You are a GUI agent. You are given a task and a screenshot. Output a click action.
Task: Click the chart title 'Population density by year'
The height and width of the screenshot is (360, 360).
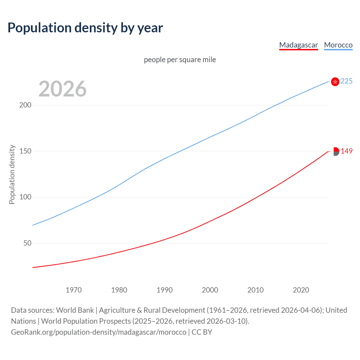(85, 28)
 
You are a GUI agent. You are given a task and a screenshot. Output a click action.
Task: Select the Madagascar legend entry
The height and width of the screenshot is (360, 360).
(298, 45)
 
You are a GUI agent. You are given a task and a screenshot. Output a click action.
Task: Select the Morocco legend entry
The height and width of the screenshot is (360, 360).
(338, 45)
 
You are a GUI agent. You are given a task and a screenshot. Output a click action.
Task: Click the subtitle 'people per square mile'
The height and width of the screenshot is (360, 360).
(180, 60)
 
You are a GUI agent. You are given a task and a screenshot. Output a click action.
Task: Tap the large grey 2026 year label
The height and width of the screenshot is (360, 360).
(62, 89)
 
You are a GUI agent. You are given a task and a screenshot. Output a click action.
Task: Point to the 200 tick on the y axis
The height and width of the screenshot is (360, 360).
(25, 105)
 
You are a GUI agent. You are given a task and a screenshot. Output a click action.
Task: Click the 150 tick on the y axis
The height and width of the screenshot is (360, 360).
(25, 151)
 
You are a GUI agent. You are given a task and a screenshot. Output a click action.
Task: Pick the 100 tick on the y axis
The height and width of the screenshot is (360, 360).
(25, 197)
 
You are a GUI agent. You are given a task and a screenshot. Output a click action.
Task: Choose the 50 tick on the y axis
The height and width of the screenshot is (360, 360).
(27, 243)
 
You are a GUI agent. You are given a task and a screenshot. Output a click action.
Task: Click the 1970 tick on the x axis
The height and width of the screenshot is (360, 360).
(74, 290)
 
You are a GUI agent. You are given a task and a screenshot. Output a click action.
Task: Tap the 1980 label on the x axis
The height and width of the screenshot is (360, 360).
(119, 290)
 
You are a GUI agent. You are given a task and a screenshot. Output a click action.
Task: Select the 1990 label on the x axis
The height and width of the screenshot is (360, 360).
(165, 290)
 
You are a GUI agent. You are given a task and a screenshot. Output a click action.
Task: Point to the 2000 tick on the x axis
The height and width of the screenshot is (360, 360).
(210, 290)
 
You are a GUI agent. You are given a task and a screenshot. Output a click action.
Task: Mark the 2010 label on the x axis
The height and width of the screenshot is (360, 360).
(255, 290)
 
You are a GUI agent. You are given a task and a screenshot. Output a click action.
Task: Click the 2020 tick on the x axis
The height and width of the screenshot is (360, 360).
(301, 290)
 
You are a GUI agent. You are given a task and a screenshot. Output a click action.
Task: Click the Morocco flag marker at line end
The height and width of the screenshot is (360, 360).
(335, 82)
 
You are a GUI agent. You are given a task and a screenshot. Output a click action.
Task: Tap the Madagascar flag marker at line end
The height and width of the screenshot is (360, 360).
(335, 151)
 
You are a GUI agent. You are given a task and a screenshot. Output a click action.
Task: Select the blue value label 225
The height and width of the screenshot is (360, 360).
(346, 81)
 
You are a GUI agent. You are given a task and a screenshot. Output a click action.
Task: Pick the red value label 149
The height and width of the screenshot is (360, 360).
(346, 151)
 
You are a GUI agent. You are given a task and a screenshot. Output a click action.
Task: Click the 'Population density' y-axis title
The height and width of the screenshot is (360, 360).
(12, 174)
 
